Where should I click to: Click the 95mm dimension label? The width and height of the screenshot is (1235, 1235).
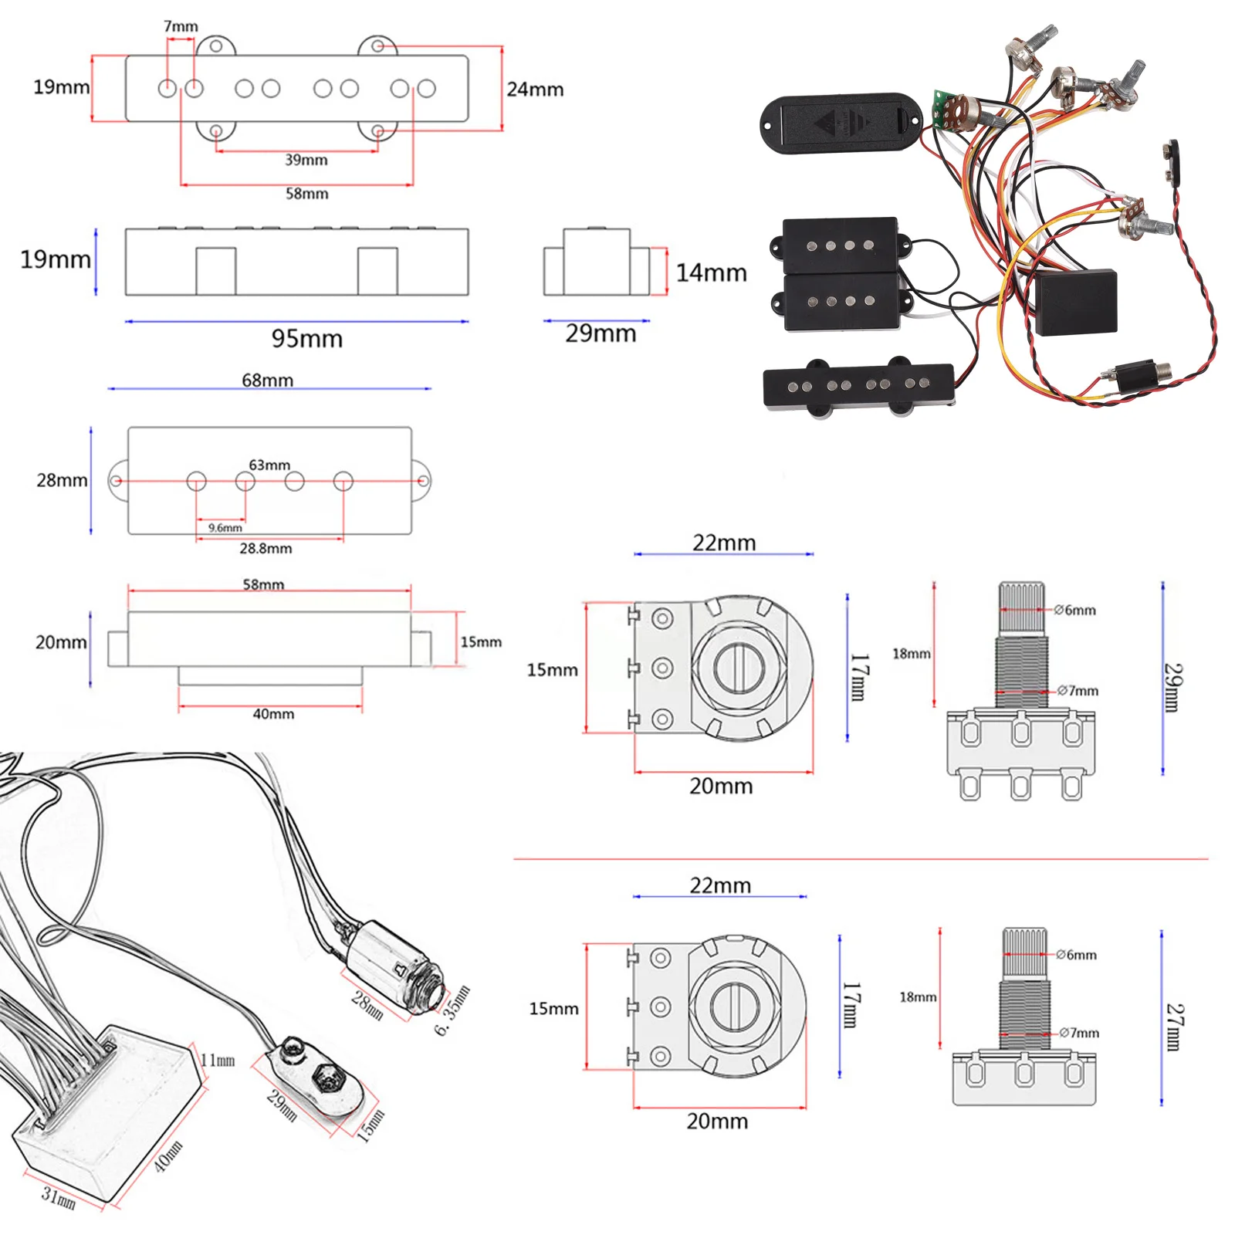(306, 338)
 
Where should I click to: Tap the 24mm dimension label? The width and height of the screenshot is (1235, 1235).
(535, 90)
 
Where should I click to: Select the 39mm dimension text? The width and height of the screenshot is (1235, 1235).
(306, 160)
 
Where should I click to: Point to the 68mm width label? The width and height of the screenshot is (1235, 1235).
(267, 380)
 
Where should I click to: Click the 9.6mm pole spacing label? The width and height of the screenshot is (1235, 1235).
(225, 528)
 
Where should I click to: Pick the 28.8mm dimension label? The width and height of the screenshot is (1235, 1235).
(266, 548)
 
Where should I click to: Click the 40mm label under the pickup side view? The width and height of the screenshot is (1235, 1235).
(273, 714)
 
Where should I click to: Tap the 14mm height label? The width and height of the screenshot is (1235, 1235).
(711, 272)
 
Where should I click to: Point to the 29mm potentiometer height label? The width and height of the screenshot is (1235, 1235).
(1172, 687)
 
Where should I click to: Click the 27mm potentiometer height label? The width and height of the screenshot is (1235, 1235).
(1172, 1027)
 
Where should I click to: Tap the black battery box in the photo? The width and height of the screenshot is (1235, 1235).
(841, 124)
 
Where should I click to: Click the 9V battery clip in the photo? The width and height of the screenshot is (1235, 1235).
(1171, 159)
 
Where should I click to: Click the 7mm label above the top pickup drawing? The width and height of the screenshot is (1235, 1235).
(181, 26)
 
